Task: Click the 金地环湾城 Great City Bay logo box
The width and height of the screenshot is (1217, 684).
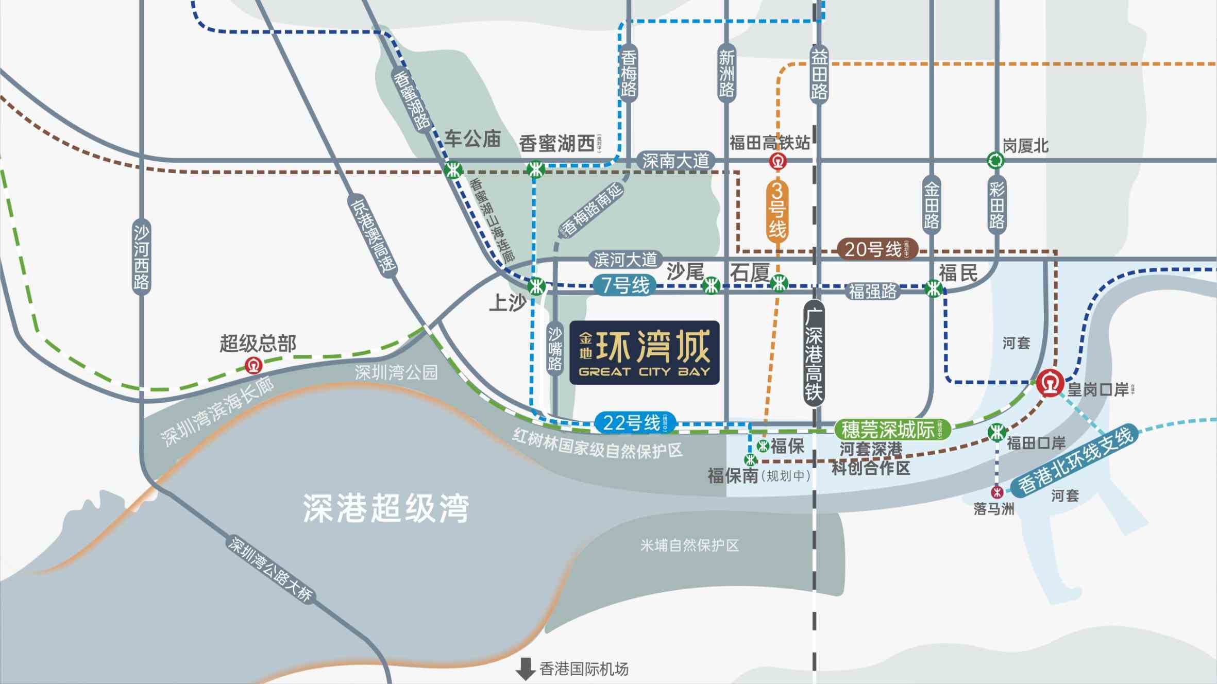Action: click(x=644, y=352)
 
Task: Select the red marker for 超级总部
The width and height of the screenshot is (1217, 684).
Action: click(x=253, y=366)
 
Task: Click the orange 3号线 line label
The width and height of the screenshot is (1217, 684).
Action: click(x=777, y=211)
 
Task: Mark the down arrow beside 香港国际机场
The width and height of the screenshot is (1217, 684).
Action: click(x=525, y=669)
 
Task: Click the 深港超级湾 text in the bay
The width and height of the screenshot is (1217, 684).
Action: click(x=386, y=508)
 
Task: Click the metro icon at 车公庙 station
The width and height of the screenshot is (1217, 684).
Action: click(x=453, y=169)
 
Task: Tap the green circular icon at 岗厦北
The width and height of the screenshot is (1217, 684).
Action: click(x=995, y=161)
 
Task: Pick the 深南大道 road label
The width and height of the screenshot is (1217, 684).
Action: click(x=675, y=161)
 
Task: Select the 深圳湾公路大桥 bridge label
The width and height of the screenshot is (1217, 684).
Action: click(x=270, y=569)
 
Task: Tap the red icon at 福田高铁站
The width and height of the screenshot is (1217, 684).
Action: click(x=777, y=162)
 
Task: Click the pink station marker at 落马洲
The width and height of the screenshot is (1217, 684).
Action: click(x=997, y=492)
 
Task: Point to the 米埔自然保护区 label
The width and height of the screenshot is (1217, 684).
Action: click(x=689, y=545)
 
